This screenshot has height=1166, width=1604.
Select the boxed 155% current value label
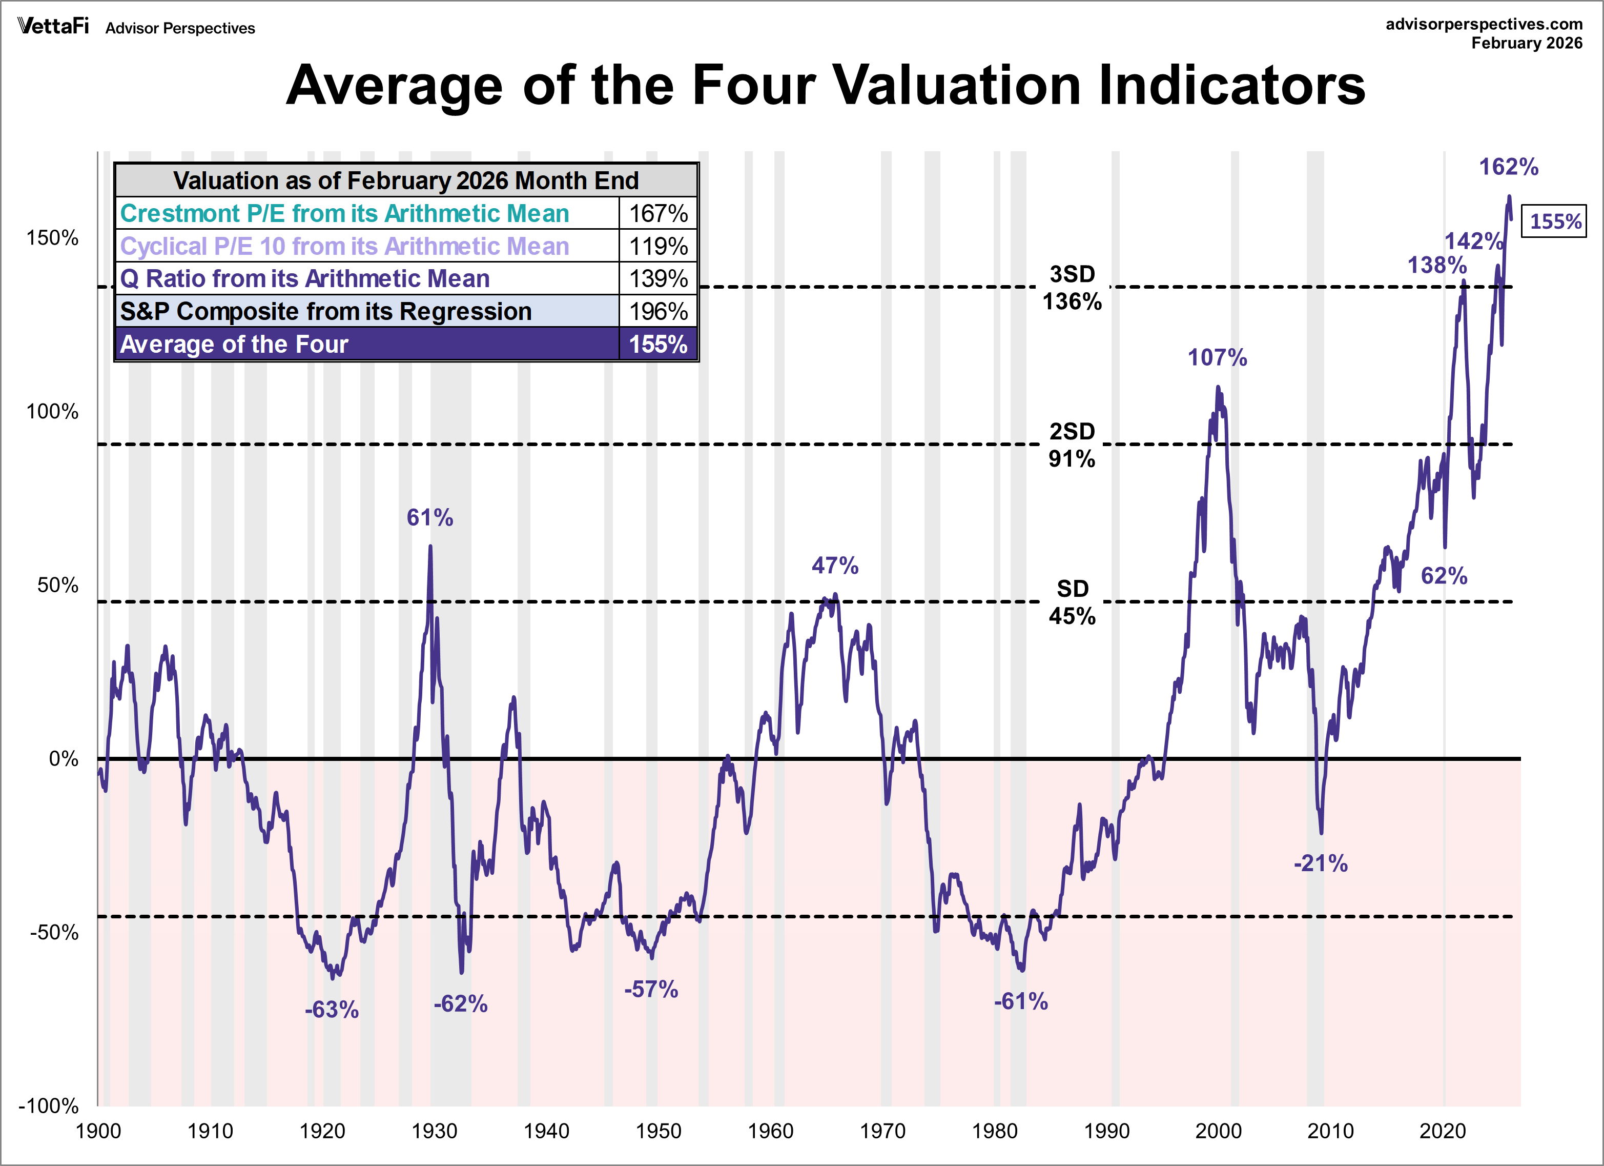pyautogui.click(x=1554, y=222)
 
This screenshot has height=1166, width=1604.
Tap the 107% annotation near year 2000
pyautogui.click(x=1217, y=357)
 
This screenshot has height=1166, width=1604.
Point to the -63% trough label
pyautogui.click(x=332, y=1009)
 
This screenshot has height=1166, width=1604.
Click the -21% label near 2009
pyautogui.click(x=1321, y=863)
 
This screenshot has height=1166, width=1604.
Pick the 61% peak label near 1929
pyautogui.click(x=429, y=517)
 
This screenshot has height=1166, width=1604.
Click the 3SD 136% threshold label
pyautogui.click(x=1072, y=288)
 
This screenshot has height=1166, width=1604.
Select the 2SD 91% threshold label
pyautogui.click(x=1072, y=445)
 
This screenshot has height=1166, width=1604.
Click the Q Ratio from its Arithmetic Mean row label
pyautogui.click(x=305, y=279)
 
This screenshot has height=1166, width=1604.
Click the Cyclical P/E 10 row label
pyautogui.click(x=344, y=246)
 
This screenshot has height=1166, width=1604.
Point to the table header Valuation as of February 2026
pyautogui.click(x=406, y=180)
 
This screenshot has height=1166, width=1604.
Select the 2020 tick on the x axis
pyautogui.click(x=1443, y=1131)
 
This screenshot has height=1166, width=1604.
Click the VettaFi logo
pyautogui.click(x=53, y=27)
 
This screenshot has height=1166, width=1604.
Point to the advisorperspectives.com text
pyautogui.click(x=1484, y=24)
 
